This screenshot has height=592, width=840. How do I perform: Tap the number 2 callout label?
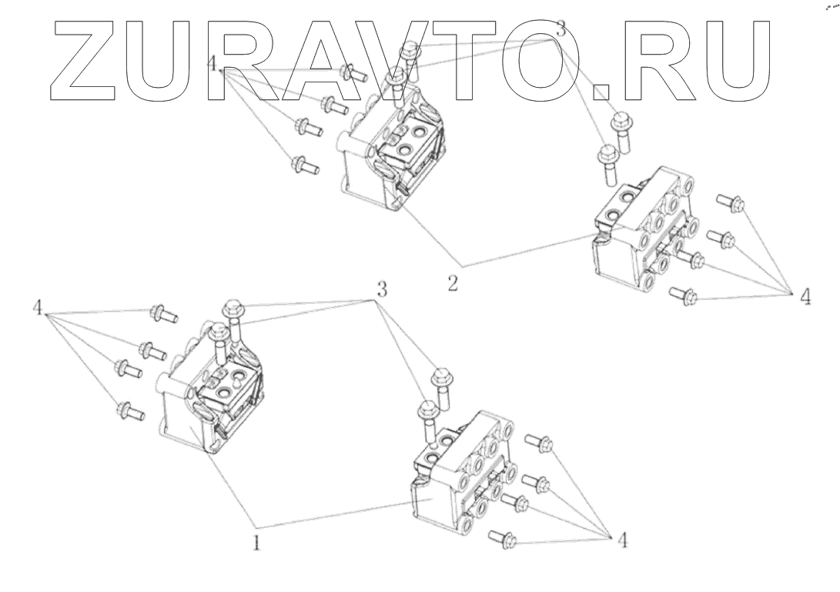(453, 283)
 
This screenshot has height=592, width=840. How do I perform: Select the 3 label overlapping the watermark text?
(561, 32)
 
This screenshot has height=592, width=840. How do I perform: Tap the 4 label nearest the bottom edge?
(622, 540)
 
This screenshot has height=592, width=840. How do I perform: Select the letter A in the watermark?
(322, 60)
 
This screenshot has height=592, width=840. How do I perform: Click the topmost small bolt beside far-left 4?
(165, 314)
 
